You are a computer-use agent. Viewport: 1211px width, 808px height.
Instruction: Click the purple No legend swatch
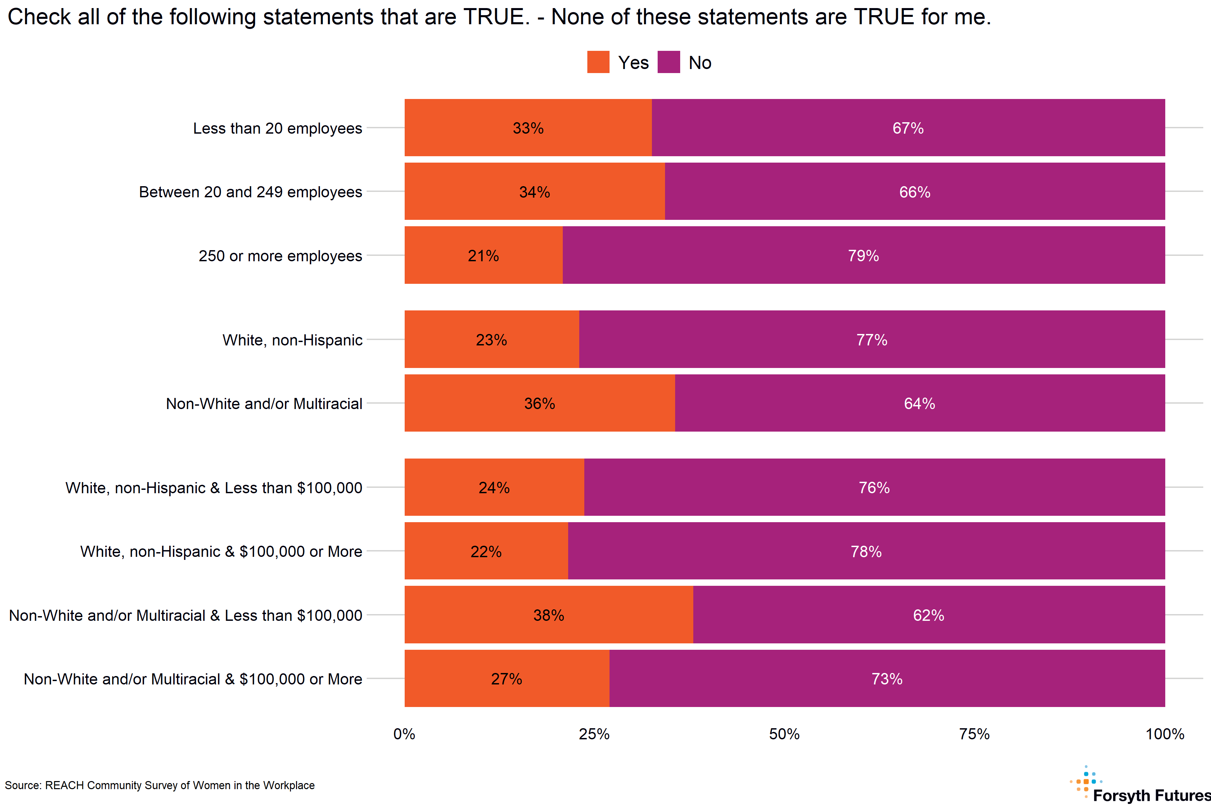(x=668, y=62)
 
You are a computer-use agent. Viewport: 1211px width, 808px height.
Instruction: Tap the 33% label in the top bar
(x=528, y=128)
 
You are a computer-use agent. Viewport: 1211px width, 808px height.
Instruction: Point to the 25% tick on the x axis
(x=594, y=734)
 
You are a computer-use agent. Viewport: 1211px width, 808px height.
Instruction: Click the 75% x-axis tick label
(x=974, y=734)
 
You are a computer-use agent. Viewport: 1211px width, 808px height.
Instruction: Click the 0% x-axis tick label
(x=404, y=734)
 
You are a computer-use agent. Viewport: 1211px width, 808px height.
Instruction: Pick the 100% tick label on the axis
(x=1165, y=734)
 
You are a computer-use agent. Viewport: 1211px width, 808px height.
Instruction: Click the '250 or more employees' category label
(x=280, y=256)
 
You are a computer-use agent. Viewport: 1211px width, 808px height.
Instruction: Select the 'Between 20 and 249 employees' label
(x=250, y=192)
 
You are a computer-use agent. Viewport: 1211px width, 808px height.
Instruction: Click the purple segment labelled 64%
(x=920, y=403)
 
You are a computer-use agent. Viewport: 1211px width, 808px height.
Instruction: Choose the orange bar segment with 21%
(x=483, y=256)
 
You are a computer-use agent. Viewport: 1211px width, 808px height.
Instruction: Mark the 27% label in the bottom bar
(x=506, y=679)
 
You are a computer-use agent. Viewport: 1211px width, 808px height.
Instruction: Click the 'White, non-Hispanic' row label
(x=292, y=340)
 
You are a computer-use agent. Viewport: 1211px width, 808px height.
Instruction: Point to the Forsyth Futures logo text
(x=1151, y=795)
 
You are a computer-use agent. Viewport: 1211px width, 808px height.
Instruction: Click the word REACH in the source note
(x=64, y=785)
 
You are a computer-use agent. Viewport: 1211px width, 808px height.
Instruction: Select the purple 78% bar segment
(x=866, y=552)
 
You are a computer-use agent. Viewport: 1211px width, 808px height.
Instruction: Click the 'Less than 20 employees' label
(x=278, y=128)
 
